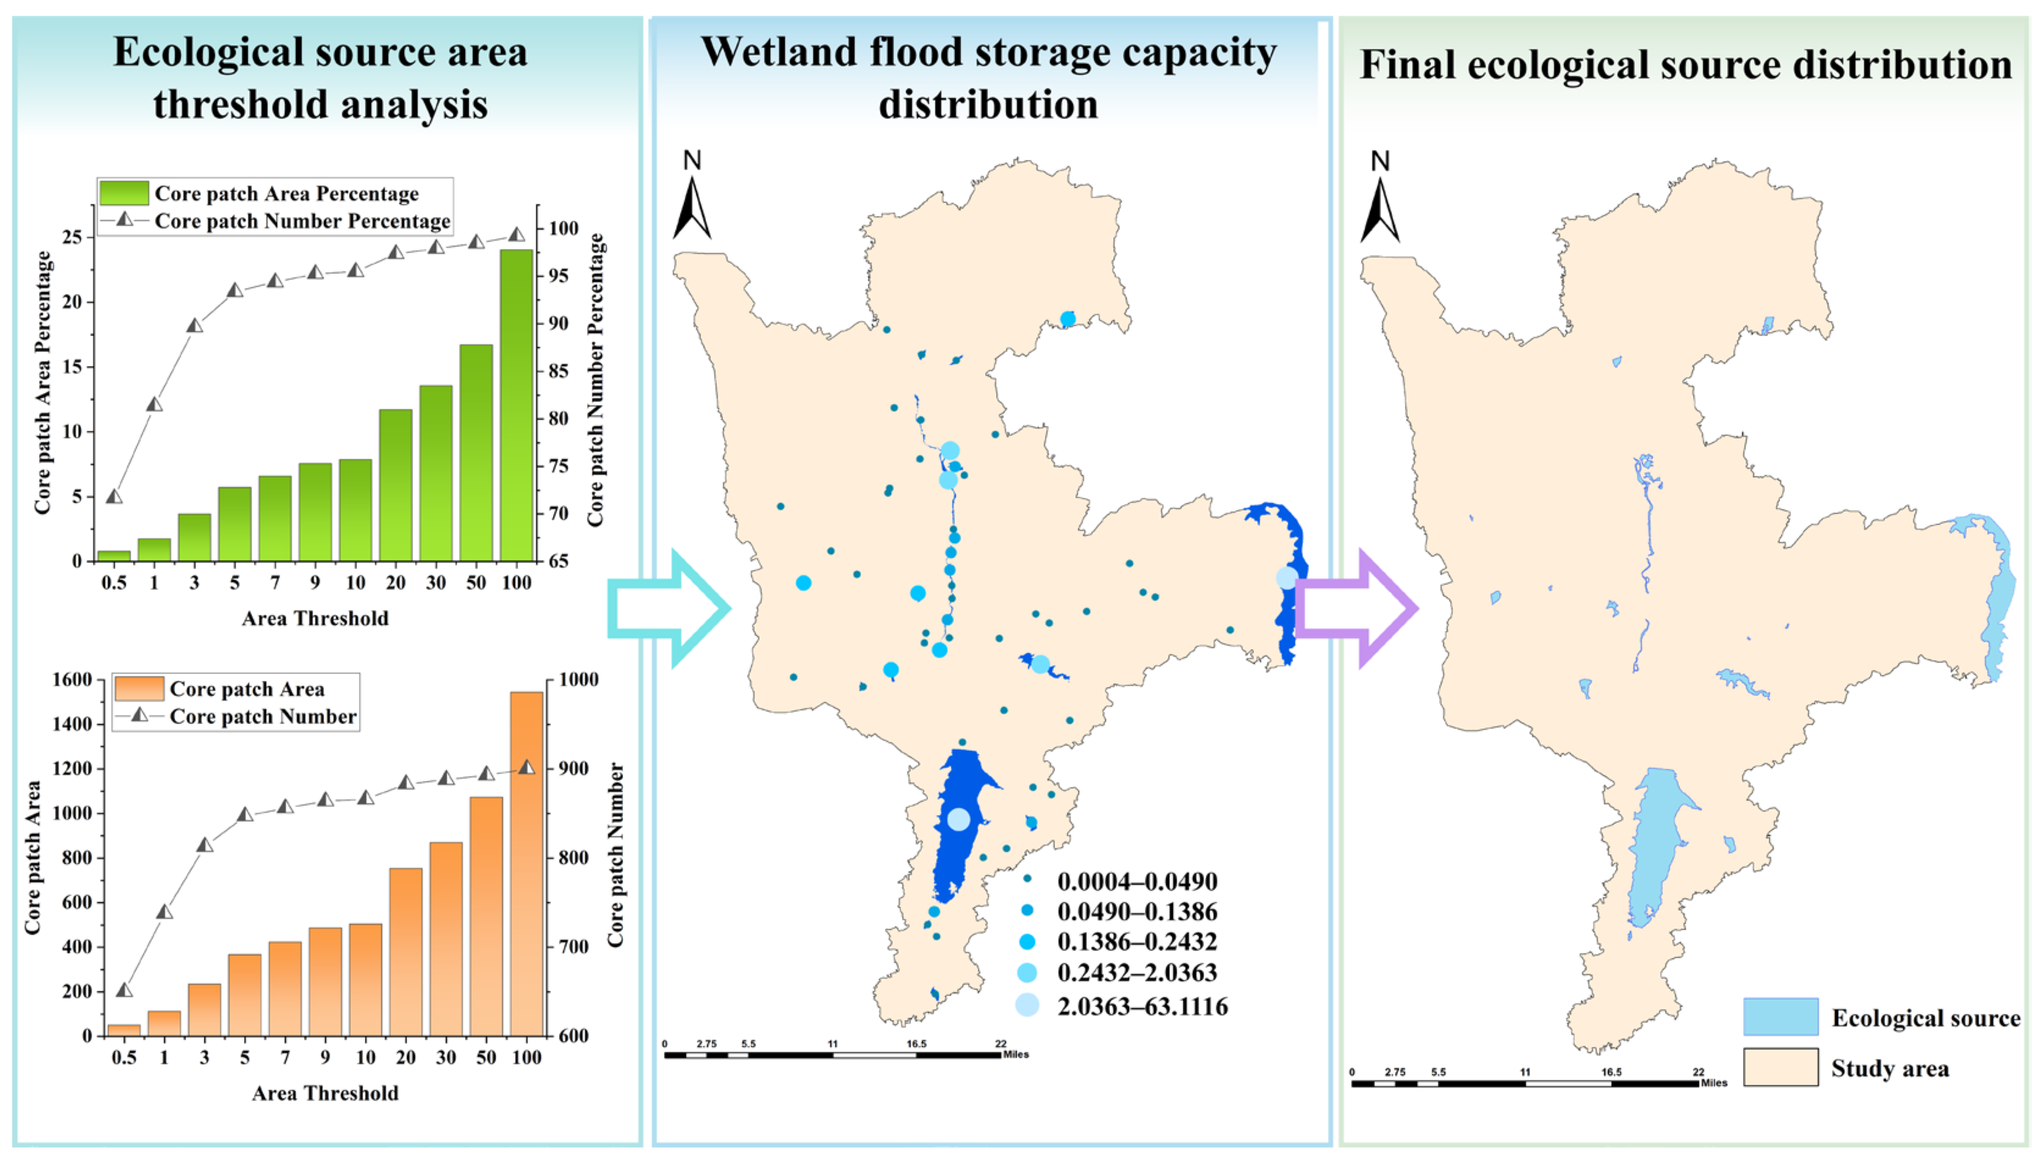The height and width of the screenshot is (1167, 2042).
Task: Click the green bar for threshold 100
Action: pyautogui.click(x=516, y=405)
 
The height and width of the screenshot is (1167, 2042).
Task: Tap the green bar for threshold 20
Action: pyautogui.click(x=395, y=485)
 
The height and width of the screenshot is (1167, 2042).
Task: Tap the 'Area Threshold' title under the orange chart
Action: pyautogui.click(x=325, y=1093)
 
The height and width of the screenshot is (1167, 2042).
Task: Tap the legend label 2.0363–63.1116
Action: pyautogui.click(x=1142, y=1006)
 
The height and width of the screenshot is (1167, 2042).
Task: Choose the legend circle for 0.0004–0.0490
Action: pyautogui.click(x=1027, y=879)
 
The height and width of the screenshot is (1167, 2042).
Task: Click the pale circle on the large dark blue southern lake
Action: pyautogui.click(x=958, y=819)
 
